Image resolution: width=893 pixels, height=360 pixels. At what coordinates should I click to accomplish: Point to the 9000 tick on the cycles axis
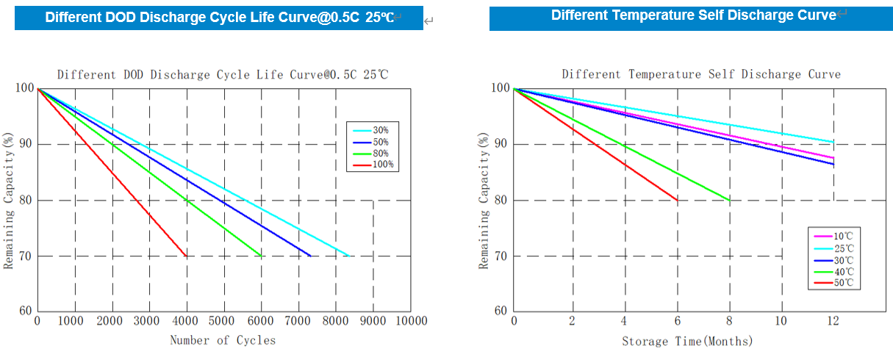373,321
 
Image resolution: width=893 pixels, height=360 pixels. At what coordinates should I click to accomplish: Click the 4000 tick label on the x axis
187,321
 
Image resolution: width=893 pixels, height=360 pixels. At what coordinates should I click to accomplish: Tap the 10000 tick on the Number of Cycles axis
410,321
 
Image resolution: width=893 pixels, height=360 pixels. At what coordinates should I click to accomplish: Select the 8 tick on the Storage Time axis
729,321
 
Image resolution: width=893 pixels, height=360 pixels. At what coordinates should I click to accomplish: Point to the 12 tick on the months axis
833,321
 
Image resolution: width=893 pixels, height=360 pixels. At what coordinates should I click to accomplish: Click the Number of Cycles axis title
223,340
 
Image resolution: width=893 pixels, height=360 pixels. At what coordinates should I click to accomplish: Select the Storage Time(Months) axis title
687,341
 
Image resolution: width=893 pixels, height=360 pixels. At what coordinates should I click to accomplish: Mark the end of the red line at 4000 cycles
187,256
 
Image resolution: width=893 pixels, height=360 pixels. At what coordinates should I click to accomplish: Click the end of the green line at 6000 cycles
261,256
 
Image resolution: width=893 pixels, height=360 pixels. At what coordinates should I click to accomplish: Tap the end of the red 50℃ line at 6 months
677,200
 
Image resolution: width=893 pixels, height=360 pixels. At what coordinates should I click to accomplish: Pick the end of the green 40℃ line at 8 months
729,200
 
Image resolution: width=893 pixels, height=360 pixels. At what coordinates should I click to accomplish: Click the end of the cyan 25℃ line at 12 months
833,143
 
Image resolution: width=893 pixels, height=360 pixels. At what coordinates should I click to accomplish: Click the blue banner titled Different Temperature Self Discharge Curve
691,16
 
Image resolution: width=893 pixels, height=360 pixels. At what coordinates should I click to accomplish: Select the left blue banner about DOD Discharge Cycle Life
218,18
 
